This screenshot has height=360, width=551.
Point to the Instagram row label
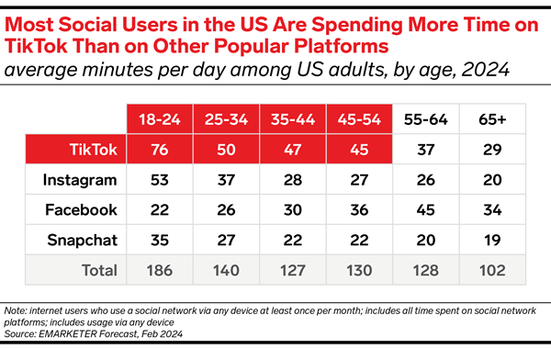point(80,179)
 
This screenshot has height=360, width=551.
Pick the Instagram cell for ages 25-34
point(226,179)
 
